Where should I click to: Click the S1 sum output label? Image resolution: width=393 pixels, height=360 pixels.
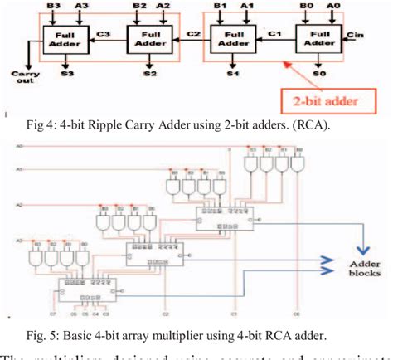(x=233, y=74)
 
